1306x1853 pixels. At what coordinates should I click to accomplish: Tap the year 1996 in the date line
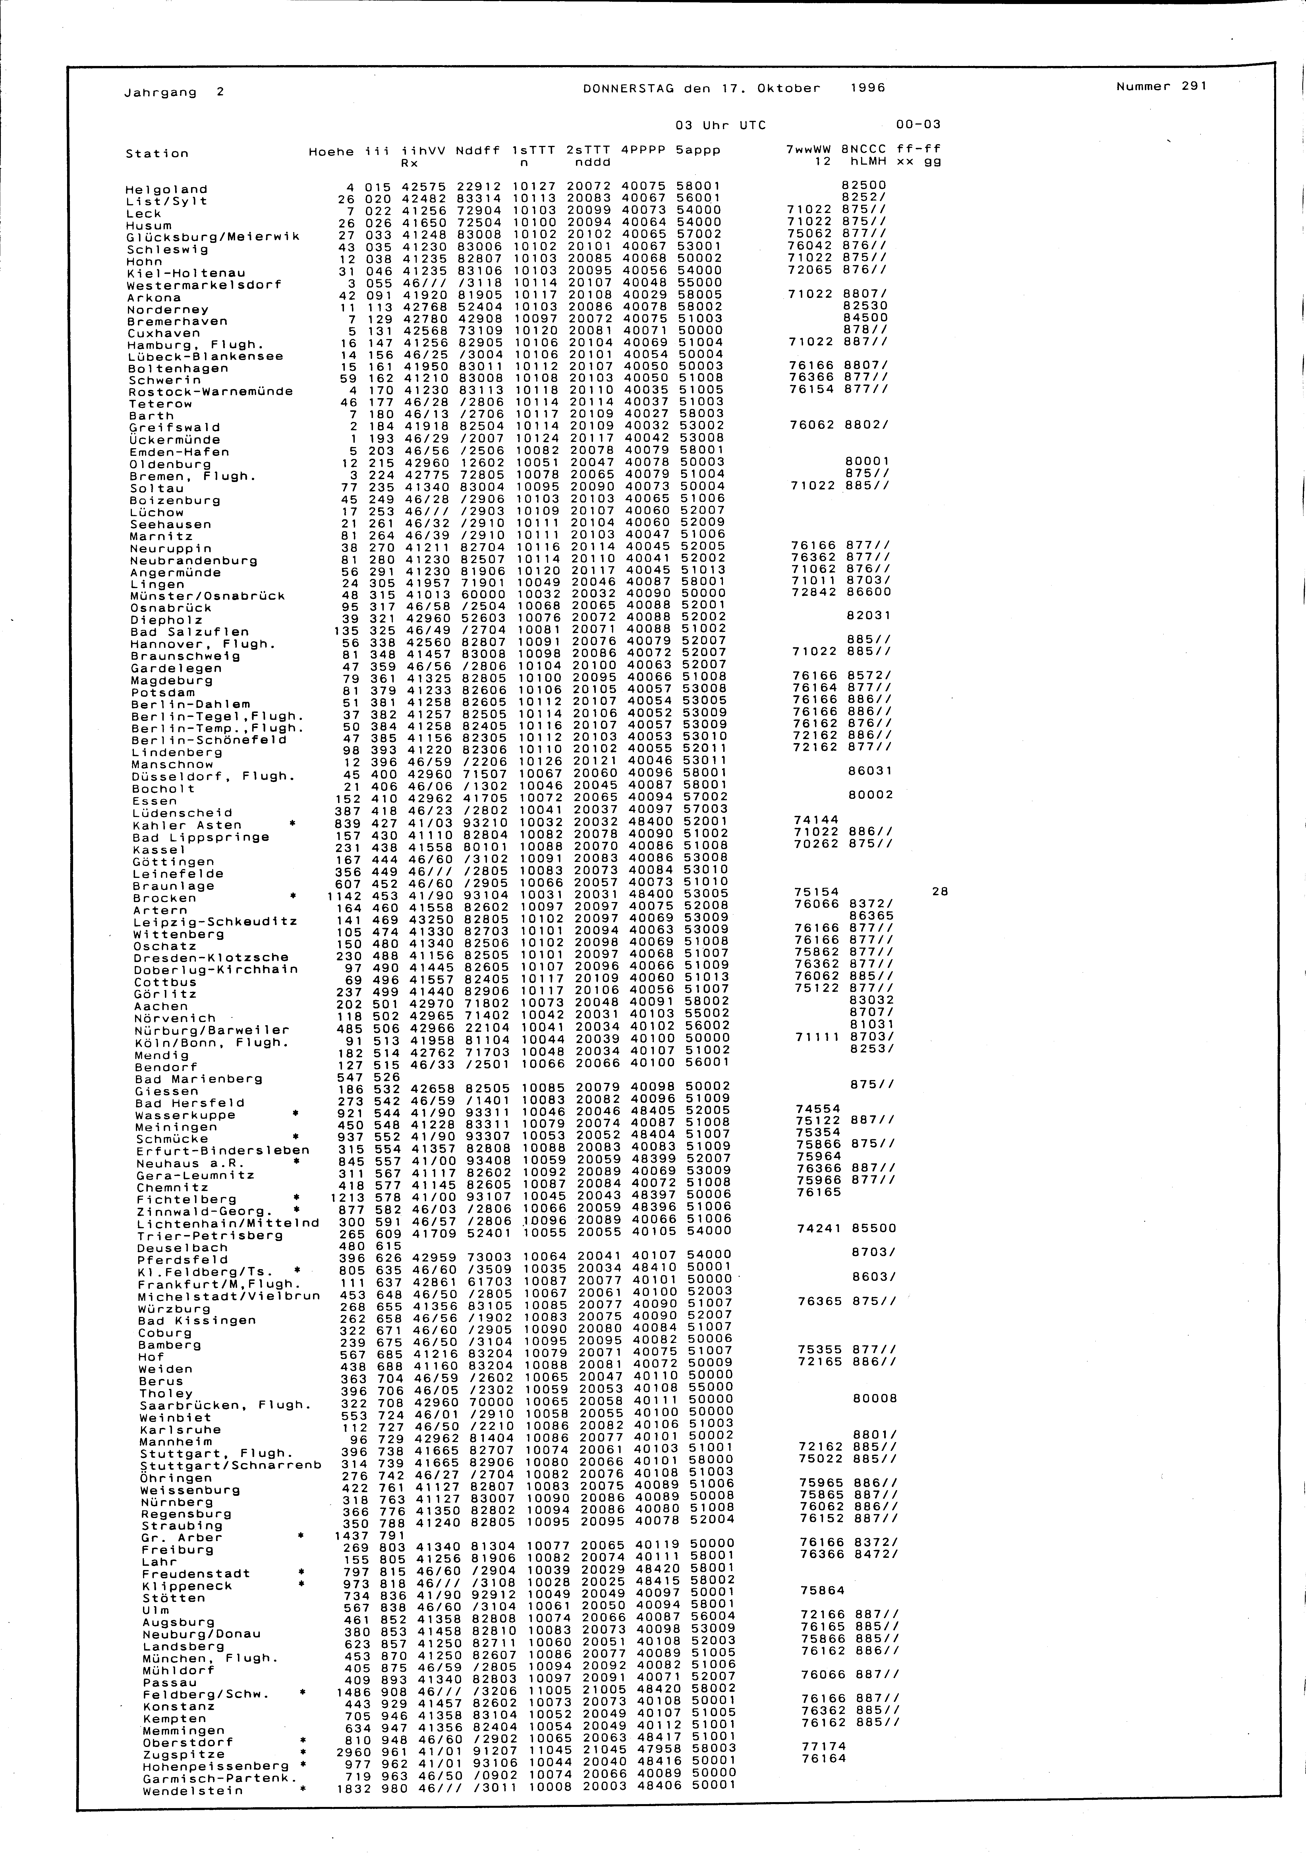(868, 88)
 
